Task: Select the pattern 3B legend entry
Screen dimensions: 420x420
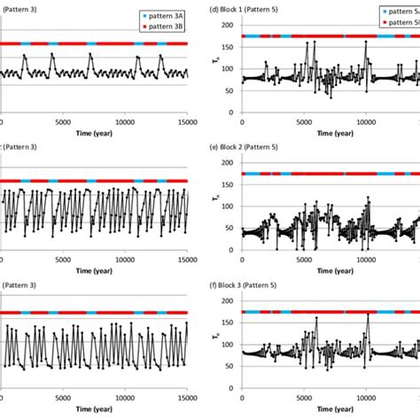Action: pos(157,27)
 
